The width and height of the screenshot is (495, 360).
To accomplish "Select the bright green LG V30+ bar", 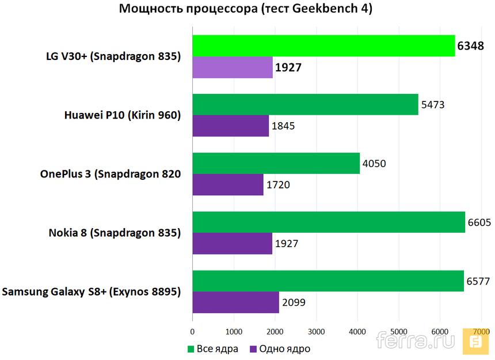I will coord(323,46).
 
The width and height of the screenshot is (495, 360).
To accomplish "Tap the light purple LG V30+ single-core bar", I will coord(233,67).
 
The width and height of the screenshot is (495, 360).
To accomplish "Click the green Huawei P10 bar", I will coord(305,104).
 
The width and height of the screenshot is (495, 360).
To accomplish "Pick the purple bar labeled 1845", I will coord(230,126).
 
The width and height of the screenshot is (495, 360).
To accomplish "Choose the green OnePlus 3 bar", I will coord(276,163).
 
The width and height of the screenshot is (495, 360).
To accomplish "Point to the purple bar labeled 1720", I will coord(228,184).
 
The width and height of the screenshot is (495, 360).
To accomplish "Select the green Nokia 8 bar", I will coord(329,222).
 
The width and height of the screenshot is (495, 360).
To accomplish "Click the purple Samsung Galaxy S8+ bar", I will coord(235,302).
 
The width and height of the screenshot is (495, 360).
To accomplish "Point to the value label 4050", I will coord(374,164).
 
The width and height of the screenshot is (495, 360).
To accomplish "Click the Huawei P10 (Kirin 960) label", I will coord(123,115).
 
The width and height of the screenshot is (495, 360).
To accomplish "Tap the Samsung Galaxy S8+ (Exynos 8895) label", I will coord(92,291).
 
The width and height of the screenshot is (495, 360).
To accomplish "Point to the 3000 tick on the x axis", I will coord(316,332).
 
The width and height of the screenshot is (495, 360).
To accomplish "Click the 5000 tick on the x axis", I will coord(399,332).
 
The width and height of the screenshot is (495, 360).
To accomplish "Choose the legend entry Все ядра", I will coord(212,348).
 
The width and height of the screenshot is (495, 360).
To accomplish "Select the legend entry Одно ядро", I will coord(280,348).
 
